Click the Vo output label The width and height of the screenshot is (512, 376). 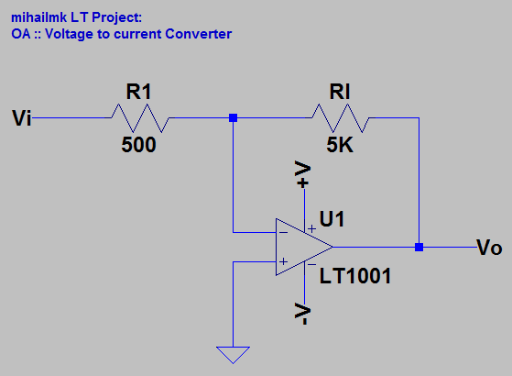pyautogui.click(x=490, y=248)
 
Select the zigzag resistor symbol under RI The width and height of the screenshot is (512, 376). pyautogui.click(x=340, y=117)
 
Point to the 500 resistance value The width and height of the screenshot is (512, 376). pyautogui.click(x=139, y=145)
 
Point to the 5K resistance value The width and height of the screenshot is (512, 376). pyautogui.click(x=340, y=145)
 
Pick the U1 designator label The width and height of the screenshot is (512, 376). pyautogui.click(x=332, y=220)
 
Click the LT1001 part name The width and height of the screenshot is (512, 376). pyautogui.click(x=355, y=275)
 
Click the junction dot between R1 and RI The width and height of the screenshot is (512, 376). pyautogui.click(x=234, y=117)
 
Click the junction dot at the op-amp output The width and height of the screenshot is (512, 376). pyautogui.click(x=419, y=248)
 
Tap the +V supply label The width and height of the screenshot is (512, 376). pyautogui.click(x=303, y=176)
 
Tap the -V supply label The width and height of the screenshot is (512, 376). pyautogui.click(x=303, y=315)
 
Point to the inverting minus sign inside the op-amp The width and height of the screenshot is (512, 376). pyautogui.click(x=284, y=233)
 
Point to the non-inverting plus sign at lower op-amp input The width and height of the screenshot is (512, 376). pyautogui.click(x=284, y=262)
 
